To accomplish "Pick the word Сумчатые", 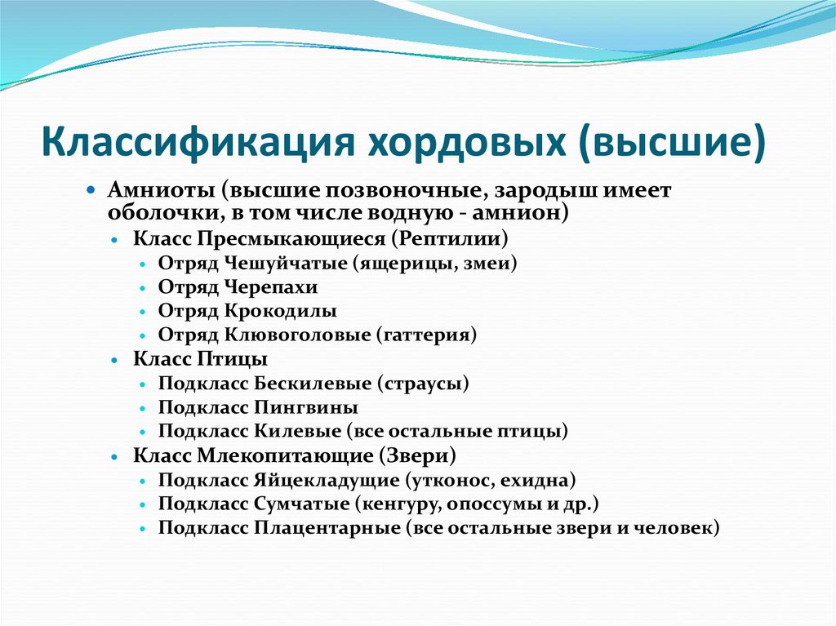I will [x=302, y=504].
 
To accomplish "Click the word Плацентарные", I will [x=327, y=527].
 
